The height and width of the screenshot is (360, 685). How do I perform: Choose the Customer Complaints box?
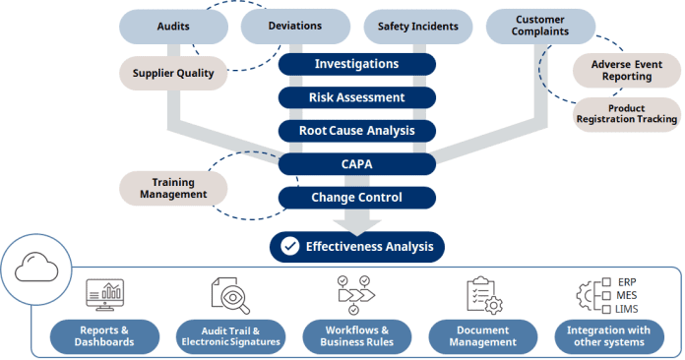[540, 26]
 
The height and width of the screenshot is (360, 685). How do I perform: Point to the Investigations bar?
[356, 64]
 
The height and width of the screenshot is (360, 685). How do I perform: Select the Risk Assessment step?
[356, 97]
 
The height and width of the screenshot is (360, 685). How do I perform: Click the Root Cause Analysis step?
[356, 130]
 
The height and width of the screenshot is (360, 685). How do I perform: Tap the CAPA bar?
[356, 163]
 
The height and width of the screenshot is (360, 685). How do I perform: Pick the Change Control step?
[356, 198]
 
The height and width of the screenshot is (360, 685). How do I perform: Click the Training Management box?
[173, 188]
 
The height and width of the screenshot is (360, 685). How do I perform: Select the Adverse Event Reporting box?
[627, 69]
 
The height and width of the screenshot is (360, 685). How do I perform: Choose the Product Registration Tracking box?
[627, 113]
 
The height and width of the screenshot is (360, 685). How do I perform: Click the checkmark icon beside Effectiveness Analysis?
[289, 246]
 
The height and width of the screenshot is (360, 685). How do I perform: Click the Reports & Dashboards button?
[105, 335]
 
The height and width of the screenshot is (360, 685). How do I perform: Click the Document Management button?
[484, 335]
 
